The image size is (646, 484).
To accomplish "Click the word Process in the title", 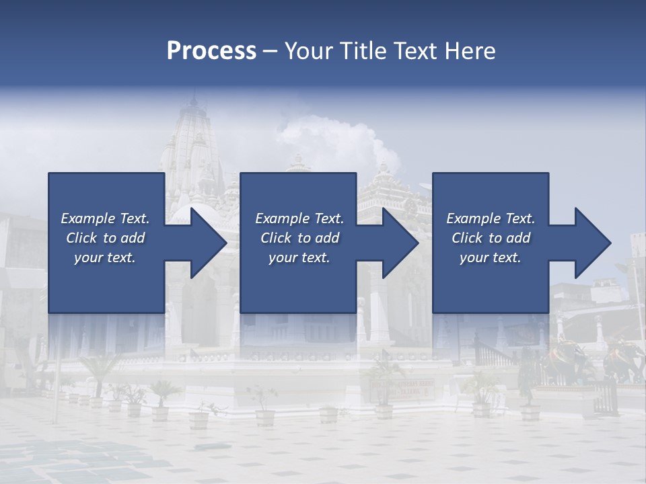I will [x=211, y=51].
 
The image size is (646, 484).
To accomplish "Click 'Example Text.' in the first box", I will [x=105, y=218].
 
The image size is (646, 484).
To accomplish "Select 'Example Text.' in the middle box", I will [x=299, y=218].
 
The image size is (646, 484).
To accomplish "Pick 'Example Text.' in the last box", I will [x=491, y=218].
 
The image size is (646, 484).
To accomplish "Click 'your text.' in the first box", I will [x=105, y=257].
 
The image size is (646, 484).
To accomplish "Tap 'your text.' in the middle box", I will [x=299, y=257].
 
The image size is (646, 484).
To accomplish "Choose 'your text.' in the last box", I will [x=491, y=257].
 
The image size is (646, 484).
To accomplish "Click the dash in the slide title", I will [x=270, y=51].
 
